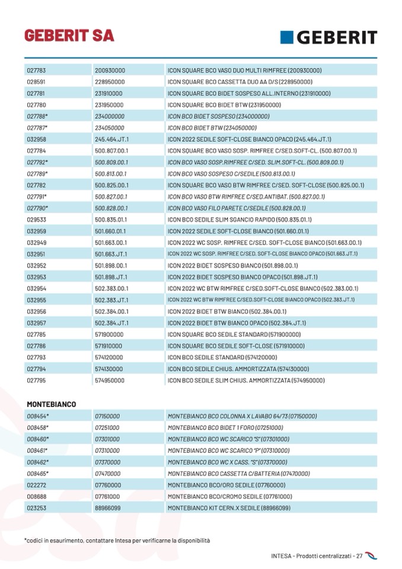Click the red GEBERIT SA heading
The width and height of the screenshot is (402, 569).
click(69, 35)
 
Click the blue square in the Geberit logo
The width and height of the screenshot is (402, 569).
click(288, 37)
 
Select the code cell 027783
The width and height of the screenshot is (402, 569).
click(36, 70)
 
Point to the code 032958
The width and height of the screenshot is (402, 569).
click(36, 139)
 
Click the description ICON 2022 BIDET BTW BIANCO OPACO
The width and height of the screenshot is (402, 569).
click(237, 323)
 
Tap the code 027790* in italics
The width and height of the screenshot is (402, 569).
click(37, 208)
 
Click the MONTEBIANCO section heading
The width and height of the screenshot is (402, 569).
click(51, 404)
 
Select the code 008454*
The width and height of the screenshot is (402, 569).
click(38, 417)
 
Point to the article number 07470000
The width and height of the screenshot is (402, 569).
click(107, 474)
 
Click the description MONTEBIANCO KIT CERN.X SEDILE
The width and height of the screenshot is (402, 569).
click(229, 508)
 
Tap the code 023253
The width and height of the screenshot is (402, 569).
click(36, 508)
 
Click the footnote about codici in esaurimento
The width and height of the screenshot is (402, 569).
click(117, 541)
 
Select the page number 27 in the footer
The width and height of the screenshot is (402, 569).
click(359, 556)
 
